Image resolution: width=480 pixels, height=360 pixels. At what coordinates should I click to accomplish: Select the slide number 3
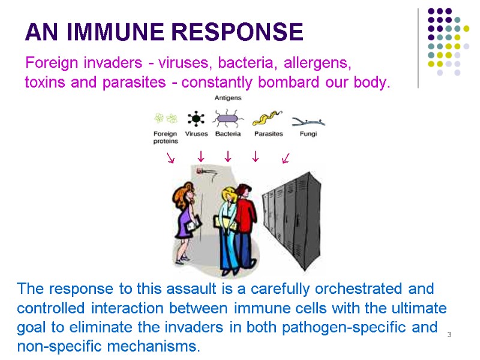coord(449,334)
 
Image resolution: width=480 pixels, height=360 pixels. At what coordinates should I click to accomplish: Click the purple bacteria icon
coord(228,118)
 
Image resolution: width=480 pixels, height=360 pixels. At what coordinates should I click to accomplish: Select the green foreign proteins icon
coord(165,118)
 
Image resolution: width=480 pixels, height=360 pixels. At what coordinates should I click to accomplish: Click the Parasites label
coord(268,134)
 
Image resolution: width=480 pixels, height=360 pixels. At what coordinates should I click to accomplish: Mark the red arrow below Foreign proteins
coord(171,158)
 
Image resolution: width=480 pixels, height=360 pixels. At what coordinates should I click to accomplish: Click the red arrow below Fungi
coord(286,158)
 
